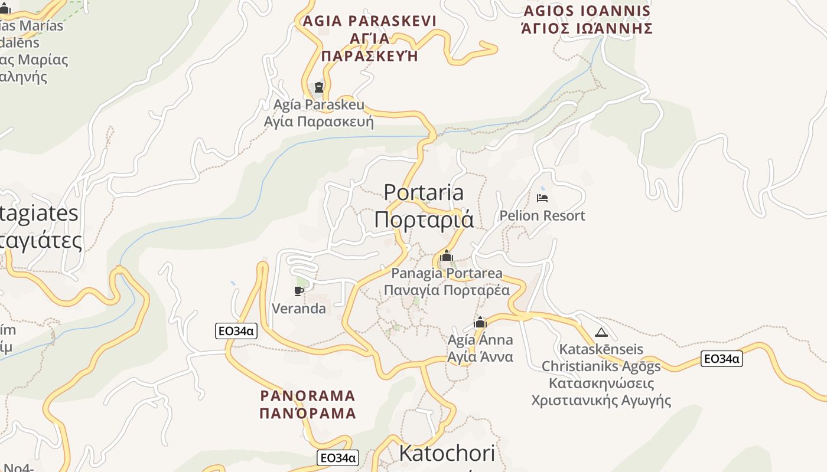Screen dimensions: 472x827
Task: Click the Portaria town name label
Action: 424,205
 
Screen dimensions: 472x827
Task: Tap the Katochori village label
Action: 447,453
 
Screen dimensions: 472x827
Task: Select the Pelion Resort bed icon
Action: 542,198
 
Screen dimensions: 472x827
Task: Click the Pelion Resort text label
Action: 542,215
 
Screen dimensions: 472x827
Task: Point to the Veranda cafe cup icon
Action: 298,291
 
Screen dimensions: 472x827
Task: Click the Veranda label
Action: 298,308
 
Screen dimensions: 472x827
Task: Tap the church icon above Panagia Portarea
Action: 447,256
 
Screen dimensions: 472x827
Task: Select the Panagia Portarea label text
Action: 447,281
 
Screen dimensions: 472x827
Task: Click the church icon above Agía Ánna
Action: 480,323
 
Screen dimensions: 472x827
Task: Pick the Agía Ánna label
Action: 480,348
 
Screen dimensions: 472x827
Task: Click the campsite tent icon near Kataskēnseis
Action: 601,332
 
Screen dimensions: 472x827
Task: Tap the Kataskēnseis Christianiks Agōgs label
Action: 601,374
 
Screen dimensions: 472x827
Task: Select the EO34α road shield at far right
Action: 721,358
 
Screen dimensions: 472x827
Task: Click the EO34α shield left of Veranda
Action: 236,331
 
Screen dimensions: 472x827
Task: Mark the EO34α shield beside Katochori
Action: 338,458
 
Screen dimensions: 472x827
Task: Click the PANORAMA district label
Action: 308,404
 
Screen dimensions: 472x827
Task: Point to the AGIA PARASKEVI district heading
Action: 369,38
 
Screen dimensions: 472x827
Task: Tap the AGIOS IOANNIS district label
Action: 587,19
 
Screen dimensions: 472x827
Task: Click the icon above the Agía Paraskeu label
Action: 319,87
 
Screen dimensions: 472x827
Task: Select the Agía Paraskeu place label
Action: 319,113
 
